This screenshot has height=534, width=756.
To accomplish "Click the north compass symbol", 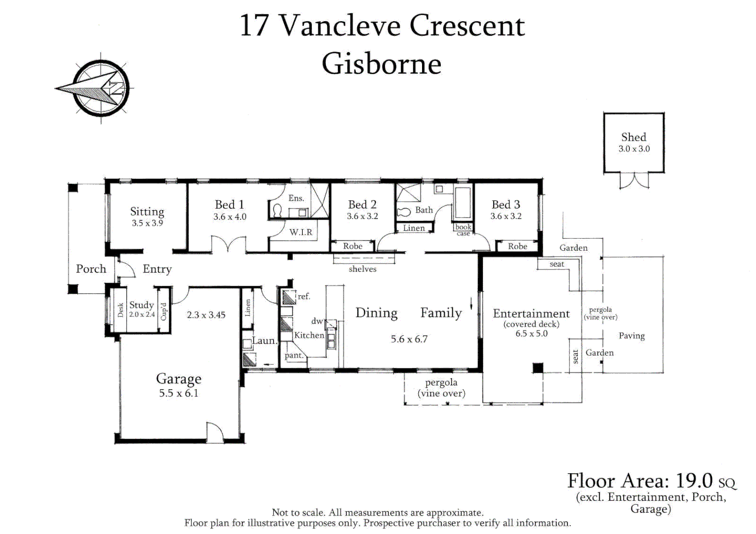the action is (x=98, y=89).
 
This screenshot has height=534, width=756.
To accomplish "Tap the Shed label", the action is (x=633, y=137).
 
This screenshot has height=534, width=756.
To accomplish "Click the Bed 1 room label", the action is (x=229, y=204).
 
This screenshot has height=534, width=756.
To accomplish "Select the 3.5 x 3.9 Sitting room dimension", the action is (x=147, y=223).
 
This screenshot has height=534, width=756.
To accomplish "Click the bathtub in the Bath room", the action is (x=463, y=202).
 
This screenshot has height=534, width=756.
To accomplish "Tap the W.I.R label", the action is (x=301, y=232).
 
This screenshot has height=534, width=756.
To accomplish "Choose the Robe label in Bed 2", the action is (x=353, y=246).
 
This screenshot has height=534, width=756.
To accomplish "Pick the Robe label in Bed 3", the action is (x=518, y=246).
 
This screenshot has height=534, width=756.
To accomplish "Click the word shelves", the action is (x=363, y=269).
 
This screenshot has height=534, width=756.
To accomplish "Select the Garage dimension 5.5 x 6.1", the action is (x=179, y=393).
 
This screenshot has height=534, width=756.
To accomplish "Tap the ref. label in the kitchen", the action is (x=304, y=296).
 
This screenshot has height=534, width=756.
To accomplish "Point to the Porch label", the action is (x=91, y=268).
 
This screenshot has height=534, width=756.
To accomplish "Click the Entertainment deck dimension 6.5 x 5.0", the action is (x=531, y=334).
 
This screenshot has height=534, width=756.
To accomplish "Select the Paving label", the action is (x=631, y=336).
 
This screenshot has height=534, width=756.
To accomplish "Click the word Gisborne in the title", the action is (x=382, y=64).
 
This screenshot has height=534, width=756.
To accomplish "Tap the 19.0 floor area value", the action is (x=693, y=481).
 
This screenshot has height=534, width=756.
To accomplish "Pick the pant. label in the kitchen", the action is (x=293, y=355).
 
